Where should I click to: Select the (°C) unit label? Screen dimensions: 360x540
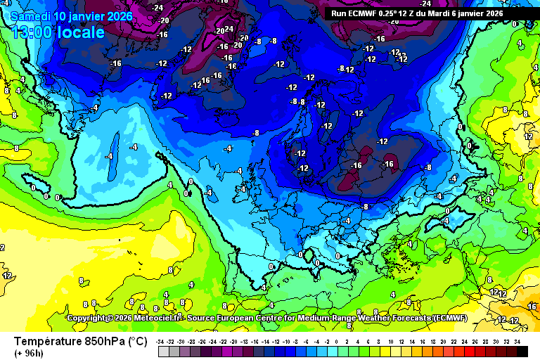137,342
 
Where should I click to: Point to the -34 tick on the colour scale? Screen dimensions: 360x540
162,341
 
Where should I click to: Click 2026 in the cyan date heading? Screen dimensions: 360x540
118,15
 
